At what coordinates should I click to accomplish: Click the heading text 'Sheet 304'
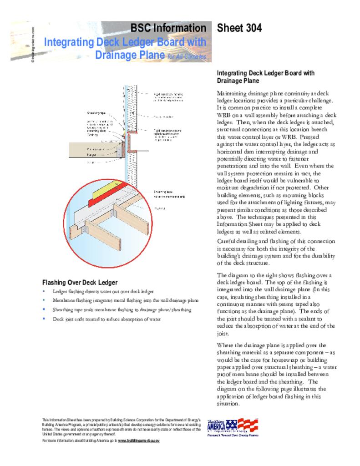point(239,28)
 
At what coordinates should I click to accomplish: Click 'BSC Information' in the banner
point(168,28)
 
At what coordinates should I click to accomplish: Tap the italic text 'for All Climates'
point(187,57)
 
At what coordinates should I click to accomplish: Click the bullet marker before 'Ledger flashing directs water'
point(44,291)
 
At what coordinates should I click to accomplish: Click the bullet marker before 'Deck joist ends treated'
point(44,319)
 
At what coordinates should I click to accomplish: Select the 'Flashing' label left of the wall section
point(92,135)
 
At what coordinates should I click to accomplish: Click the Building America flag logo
point(232,426)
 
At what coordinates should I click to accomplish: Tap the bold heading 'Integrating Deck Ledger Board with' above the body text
point(265,73)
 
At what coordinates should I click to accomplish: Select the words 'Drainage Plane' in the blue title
point(129,55)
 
